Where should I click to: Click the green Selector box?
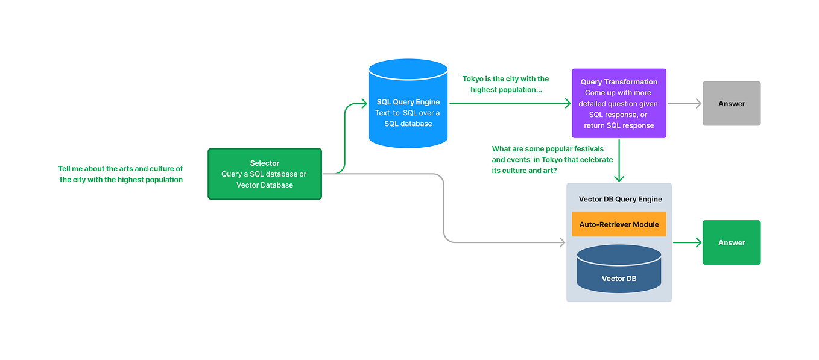(x=264, y=174)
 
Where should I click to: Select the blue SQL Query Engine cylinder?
(x=408, y=104)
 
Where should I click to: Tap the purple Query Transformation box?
(x=619, y=103)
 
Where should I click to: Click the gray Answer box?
(x=731, y=104)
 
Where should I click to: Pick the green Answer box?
(x=731, y=242)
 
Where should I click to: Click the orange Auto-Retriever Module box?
(x=619, y=224)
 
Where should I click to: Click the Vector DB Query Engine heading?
(x=620, y=199)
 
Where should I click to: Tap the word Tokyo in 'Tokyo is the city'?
(x=473, y=79)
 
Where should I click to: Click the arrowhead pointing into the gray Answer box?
(x=698, y=104)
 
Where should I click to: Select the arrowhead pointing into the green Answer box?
(x=698, y=242)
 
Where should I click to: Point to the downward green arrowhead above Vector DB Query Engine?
(x=619, y=178)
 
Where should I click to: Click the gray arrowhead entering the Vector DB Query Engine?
(x=562, y=242)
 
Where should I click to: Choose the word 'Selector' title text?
(x=264, y=163)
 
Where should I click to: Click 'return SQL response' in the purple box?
(x=619, y=125)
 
